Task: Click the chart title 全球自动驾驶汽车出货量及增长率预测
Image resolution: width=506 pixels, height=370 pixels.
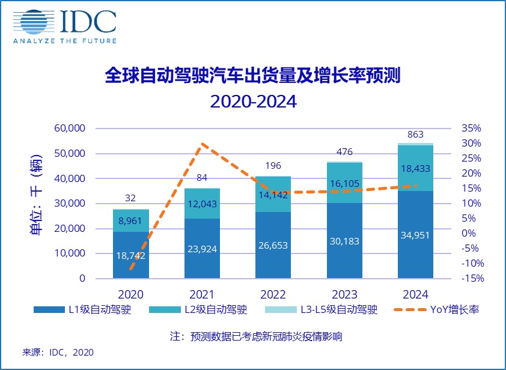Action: (252, 76)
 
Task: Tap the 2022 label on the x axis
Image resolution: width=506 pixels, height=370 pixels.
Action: (273, 294)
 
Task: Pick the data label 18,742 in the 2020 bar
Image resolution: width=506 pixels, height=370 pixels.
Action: (131, 255)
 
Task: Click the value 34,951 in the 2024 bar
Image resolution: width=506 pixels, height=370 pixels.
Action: (415, 234)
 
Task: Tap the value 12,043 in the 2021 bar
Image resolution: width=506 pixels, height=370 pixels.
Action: (202, 204)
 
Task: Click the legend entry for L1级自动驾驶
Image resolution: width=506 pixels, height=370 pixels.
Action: (82, 310)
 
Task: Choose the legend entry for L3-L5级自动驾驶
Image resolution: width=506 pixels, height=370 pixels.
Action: (322, 310)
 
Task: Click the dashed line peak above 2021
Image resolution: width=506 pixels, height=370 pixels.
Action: (203, 144)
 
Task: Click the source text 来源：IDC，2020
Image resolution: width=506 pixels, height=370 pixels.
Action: (58, 352)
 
